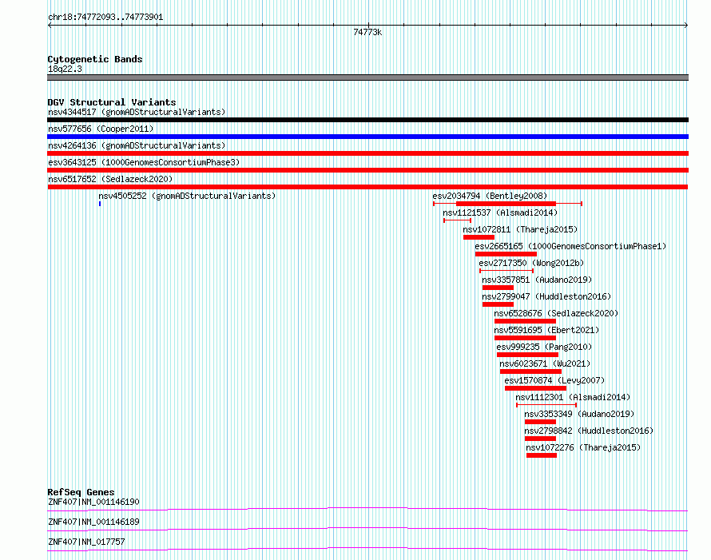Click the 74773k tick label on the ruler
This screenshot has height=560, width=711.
[367, 32]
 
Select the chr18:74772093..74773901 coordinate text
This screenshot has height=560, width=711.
[105, 18]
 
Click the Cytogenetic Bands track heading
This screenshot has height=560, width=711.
[95, 59]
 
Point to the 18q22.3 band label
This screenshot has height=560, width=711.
[65, 69]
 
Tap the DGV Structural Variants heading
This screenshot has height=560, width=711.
[112, 102]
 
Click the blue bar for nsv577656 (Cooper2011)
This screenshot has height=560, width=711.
[367, 137]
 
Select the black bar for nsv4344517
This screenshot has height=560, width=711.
[367, 120]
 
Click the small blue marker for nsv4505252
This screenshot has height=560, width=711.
[100, 204]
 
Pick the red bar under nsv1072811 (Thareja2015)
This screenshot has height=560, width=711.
[479, 237]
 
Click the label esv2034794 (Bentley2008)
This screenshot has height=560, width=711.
[490, 196]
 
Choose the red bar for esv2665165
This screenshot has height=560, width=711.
[506, 254]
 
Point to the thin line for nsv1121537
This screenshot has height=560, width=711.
[457, 220]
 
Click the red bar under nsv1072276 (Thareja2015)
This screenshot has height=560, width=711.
[542, 455]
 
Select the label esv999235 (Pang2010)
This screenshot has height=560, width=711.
[544, 347]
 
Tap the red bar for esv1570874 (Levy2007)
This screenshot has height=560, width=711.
[535, 388]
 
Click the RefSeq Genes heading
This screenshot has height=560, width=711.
[81, 492]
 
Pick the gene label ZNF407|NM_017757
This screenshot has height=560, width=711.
[86, 542]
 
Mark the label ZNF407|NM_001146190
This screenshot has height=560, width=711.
[93, 502]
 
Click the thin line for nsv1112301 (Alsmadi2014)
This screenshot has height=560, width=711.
[546, 405]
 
